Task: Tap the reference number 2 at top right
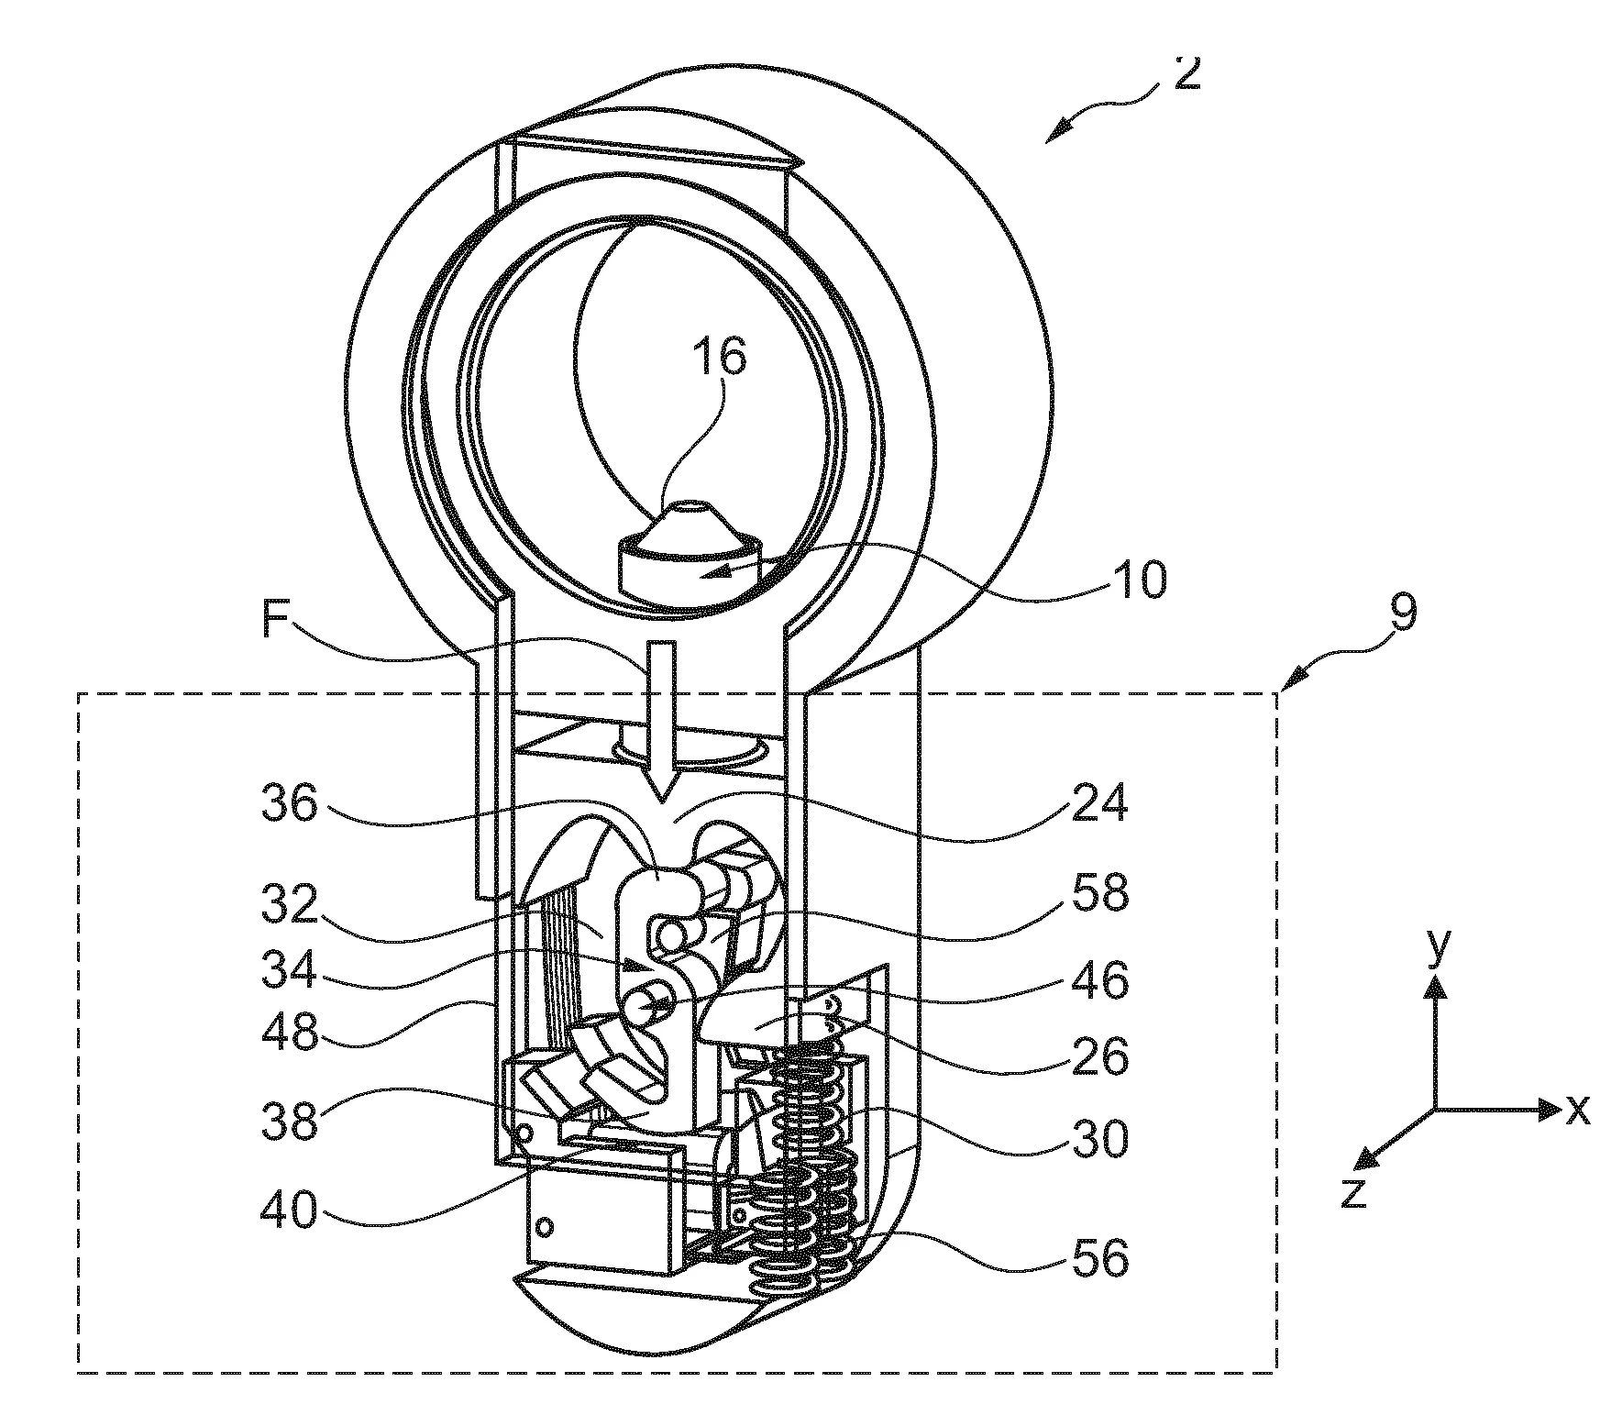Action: (1186, 72)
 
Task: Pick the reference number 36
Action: (290, 804)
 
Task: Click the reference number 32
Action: (290, 906)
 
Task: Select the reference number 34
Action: (290, 969)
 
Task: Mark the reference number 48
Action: (290, 1034)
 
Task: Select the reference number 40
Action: (290, 1211)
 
